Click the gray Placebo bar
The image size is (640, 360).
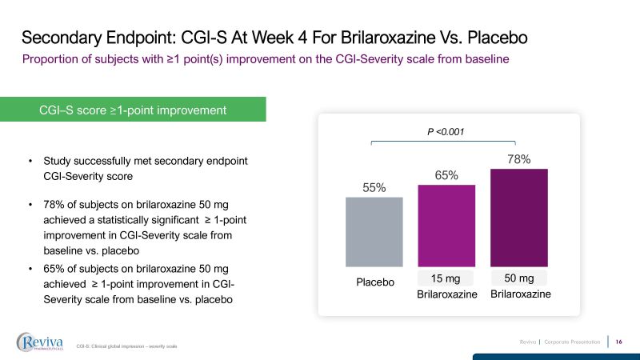[x=374, y=231]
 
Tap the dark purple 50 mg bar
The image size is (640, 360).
[x=518, y=217]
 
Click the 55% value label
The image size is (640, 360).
[x=374, y=188]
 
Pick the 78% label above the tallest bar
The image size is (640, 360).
[x=519, y=159]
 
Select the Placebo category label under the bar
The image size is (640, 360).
[x=376, y=282]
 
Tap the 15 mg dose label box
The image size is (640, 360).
[x=446, y=278]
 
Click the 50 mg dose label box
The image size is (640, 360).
[x=518, y=278]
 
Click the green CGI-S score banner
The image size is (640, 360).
[x=133, y=110]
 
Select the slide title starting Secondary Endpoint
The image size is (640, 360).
[x=274, y=38]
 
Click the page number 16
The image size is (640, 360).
[x=619, y=342]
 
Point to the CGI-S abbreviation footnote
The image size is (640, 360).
[x=126, y=346]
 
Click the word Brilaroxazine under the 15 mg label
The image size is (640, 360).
[x=446, y=295]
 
